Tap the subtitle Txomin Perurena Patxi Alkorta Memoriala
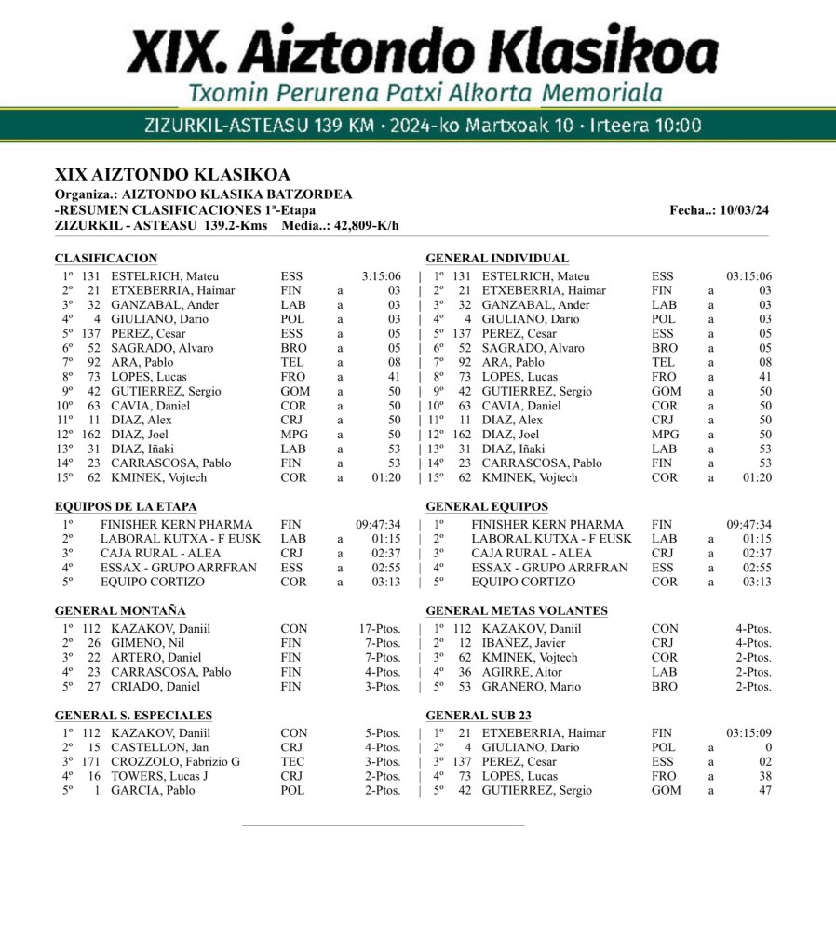coord(425,93)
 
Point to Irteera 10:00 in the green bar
coord(646,126)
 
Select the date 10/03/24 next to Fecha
coord(742,210)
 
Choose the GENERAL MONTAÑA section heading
coord(120,611)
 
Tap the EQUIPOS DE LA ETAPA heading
coord(126,507)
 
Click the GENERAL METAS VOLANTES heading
coord(517,611)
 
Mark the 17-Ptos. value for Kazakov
coord(380,629)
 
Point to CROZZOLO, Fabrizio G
coord(175,762)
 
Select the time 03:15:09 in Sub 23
coord(749,733)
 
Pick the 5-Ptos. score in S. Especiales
coord(383,733)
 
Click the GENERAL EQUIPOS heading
coord(487,507)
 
